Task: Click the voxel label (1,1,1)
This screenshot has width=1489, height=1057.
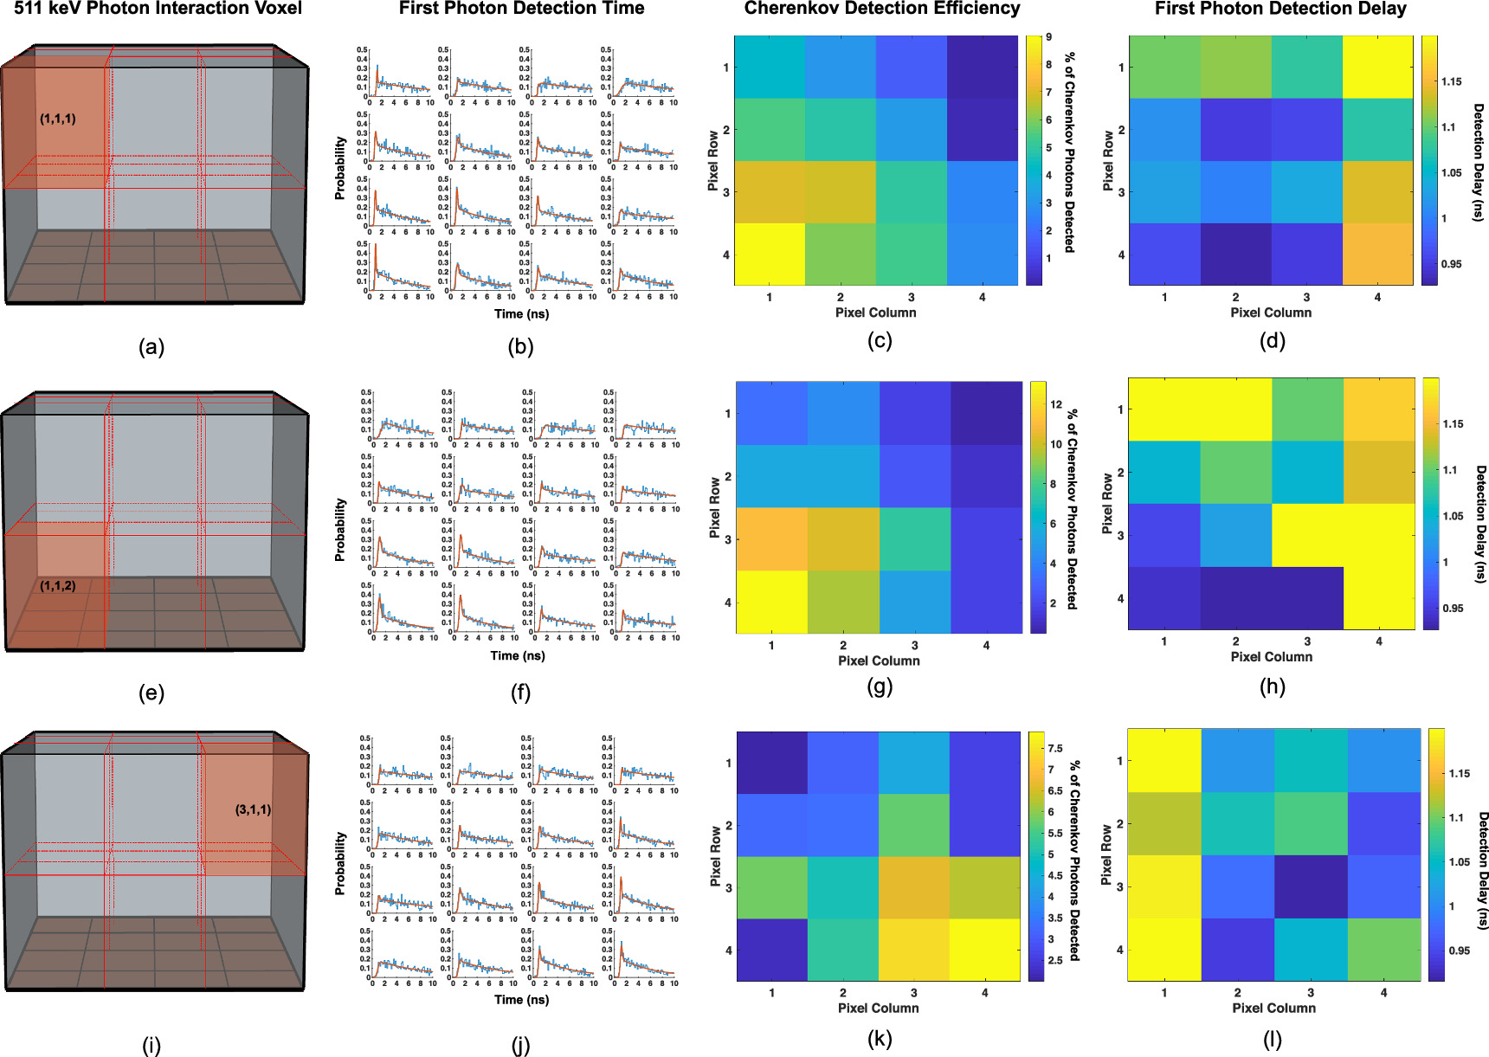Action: tap(57, 119)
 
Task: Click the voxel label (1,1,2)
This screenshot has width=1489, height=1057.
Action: tap(57, 586)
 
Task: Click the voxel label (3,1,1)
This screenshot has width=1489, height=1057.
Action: tap(253, 809)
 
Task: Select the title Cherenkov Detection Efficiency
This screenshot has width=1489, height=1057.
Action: tap(881, 9)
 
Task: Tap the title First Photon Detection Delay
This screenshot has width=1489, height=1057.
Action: tap(1280, 9)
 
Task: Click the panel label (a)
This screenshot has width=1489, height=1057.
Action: tap(151, 347)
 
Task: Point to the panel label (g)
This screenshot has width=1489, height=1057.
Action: tap(879, 686)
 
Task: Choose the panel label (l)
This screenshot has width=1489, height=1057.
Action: tap(1272, 1039)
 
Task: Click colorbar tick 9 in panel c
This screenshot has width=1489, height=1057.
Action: tap(1048, 37)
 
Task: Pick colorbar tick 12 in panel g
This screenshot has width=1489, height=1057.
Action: tap(1056, 404)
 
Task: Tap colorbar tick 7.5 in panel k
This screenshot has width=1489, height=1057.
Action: tap(1055, 748)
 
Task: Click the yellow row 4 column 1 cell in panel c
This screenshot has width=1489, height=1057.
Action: tap(770, 254)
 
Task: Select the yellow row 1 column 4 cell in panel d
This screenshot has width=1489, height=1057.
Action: tap(1377, 67)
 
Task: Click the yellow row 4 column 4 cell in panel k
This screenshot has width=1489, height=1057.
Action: tap(984, 950)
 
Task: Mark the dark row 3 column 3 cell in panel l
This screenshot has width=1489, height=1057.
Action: tap(1311, 886)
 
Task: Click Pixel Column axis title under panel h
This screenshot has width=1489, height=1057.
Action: tap(1271, 657)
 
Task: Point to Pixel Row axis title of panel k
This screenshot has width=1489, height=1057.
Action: tap(716, 856)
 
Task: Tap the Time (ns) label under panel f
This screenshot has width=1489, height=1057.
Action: tap(518, 655)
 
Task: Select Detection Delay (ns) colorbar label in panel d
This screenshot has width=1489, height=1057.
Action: tap(1479, 162)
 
